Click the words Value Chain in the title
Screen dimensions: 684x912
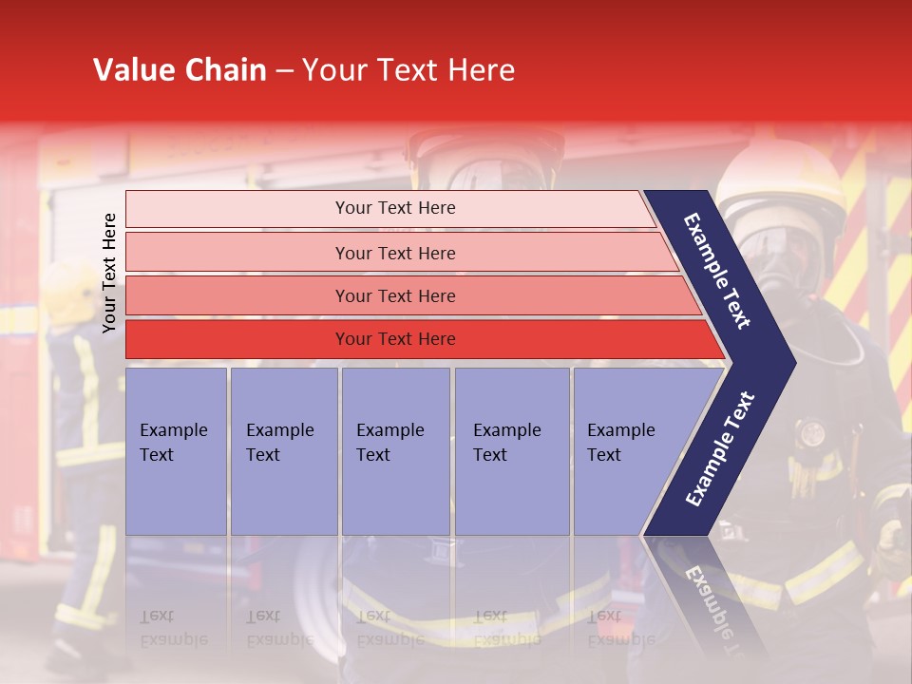click(x=180, y=70)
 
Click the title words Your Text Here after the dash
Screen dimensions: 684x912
click(x=408, y=70)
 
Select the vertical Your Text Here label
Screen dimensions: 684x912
click(x=109, y=274)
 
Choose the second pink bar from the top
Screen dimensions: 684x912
click(x=394, y=253)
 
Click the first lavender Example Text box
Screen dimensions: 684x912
click(x=176, y=451)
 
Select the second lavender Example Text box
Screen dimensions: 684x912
click(x=283, y=451)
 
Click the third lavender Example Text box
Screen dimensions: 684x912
click(x=395, y=451)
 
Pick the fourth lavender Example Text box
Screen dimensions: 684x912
click(x=511, y=451)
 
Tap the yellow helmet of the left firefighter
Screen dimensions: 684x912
click(x=66, y=290)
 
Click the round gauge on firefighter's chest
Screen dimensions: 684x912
click(x=812, y=434)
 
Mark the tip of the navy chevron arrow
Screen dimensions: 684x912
click(x=793, y=362)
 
